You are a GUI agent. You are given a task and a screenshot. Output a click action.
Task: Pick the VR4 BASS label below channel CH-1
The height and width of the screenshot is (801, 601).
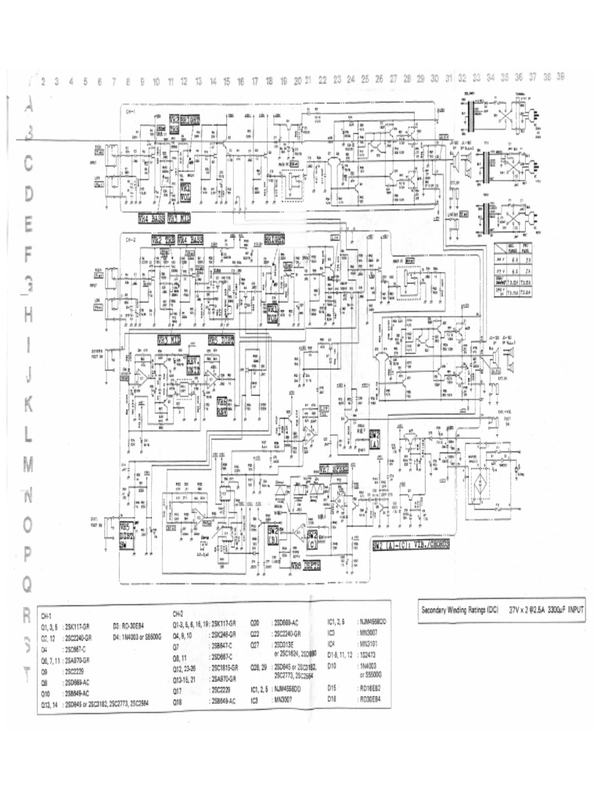151,219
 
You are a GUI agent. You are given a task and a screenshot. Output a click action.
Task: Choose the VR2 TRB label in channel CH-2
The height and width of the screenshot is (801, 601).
164,240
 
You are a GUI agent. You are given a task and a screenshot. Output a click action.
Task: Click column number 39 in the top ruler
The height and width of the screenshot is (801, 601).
560,78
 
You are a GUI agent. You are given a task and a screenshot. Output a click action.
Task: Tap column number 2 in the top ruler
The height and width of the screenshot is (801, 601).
43,81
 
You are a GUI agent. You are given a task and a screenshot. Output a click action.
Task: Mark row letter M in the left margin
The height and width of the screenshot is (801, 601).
30,463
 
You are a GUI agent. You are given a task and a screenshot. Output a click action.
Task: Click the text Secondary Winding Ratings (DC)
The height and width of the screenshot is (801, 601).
459,609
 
